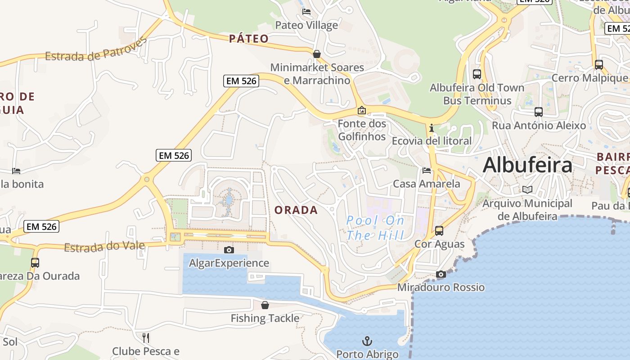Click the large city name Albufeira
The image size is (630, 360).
coord(527,165)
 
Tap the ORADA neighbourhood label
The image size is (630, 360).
coord(296,210)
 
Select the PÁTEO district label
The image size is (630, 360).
coord(249,39)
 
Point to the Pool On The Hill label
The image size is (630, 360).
coord(375,228)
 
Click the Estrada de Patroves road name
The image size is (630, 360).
coord(96,50)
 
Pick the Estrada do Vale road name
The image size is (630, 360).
coord(104,247)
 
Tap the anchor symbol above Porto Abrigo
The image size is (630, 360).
coord(367,341)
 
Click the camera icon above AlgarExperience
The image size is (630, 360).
coord(229,250)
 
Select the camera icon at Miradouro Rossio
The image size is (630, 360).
coord(441,274)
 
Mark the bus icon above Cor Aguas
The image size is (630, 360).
coord(439,231)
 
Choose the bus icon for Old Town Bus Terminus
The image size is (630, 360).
coord(477,74)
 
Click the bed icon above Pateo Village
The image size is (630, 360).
coord(306,12)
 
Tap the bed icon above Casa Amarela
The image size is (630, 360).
coord(427,171)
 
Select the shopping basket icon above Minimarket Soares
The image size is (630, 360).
coord(317,54)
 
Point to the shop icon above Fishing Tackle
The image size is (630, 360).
coord(265,305)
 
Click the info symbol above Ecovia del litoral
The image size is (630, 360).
coord(432,128)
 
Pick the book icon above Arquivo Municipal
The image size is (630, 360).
coord(527,190)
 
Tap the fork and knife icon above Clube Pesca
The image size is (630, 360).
coord(145,337)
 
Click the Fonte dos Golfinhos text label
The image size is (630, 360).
coord(362,130)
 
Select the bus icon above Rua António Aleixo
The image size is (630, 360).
coord(539,112)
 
